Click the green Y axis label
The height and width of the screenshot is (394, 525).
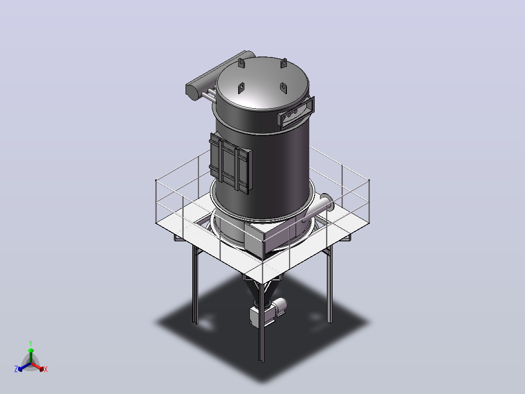(x=31, y=343)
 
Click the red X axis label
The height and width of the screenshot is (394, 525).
(x=46, y=369)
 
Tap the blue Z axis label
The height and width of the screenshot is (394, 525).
(x=16, y=369)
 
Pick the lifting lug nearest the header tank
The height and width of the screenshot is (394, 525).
(x=242, y=63)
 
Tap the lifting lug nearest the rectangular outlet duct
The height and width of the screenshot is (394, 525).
(x=283, y=88)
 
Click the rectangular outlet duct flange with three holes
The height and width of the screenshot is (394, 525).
(x=296, y=113)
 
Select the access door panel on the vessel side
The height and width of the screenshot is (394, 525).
(x=230, y=163)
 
